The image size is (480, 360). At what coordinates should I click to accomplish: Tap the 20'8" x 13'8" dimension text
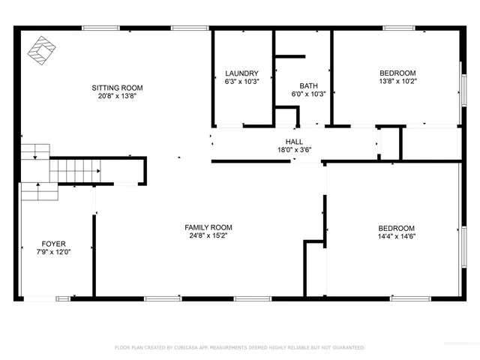pyautogui.click(x=115, y=96)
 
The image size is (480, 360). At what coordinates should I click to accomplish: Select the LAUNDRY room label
pyautogui.click(x=242, y=73)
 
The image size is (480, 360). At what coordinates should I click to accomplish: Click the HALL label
pyautogui.click(x=294, y=141)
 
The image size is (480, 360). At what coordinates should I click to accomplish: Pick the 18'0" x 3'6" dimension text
pyautogui.click(x=294, y=150)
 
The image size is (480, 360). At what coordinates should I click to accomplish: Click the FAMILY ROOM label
pyautogui.click(x=208, y=227)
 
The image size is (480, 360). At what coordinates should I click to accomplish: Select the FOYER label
pyautogui.click(x=53, y=244)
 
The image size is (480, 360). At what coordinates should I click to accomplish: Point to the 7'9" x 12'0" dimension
pyautogui.click(x=53, y=253)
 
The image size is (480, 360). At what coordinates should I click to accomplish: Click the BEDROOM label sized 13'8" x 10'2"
pyautogui.click(x=397, y=73)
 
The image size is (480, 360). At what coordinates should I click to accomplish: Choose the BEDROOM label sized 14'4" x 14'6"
pyautogui.click(x=397, y=228)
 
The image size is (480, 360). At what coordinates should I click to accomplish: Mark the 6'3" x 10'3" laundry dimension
pyautogui.click(x=242, y=82)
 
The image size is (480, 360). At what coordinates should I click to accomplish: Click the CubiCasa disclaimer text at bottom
pyautogui.click(x=239, y=347)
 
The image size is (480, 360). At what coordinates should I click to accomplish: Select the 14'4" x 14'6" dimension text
pyautogui.click(x=397, y=237)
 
